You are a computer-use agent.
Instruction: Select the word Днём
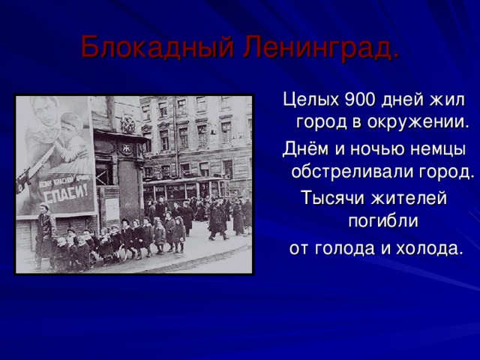pos(301,148)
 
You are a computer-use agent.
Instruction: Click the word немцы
pos(438,148)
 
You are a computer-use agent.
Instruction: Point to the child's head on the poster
pos(73,121)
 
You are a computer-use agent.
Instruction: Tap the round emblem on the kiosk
pos(128,125)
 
